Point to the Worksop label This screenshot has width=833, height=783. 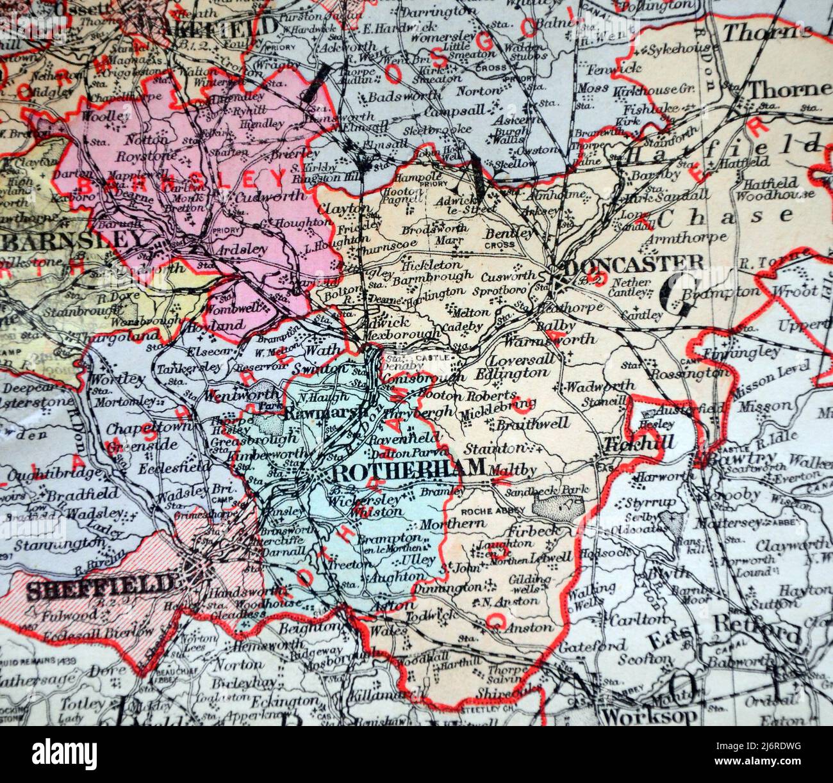(650, 715)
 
